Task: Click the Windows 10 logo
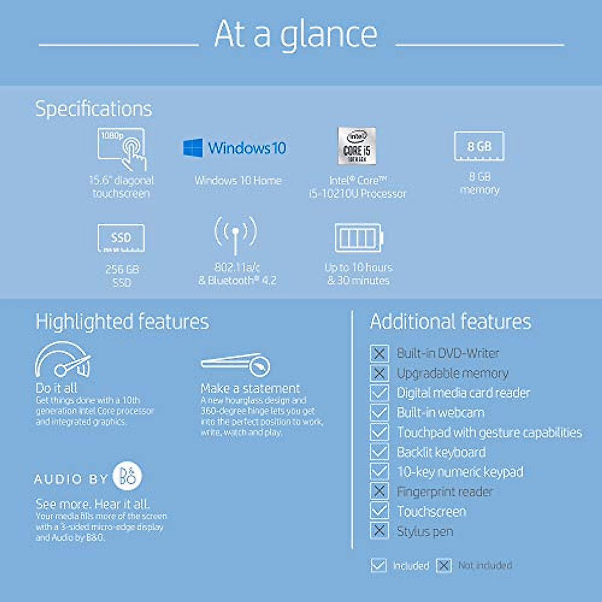(x=234, y=148)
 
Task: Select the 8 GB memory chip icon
(x=479, y=146)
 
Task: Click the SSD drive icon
(x=121, y=238)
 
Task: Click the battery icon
(x=359, y=237)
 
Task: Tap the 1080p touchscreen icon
(x=122, y=149)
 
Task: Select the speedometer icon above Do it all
(x=63, y=360)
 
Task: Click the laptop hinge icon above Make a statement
(x=236, y=364)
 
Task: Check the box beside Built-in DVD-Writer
(x=379, y=353)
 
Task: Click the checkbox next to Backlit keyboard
(x=379, y=452)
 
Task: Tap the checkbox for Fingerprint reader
(x=379, y=491)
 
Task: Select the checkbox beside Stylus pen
(x=379, y=531)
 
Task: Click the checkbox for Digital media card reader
(x=379, y=393)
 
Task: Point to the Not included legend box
(x=443, y=566)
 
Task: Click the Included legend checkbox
(x=378, y=566)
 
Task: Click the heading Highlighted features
(x=122, y=322)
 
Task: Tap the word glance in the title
(x=329, y=35)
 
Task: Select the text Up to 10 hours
(x=358, y=267)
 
